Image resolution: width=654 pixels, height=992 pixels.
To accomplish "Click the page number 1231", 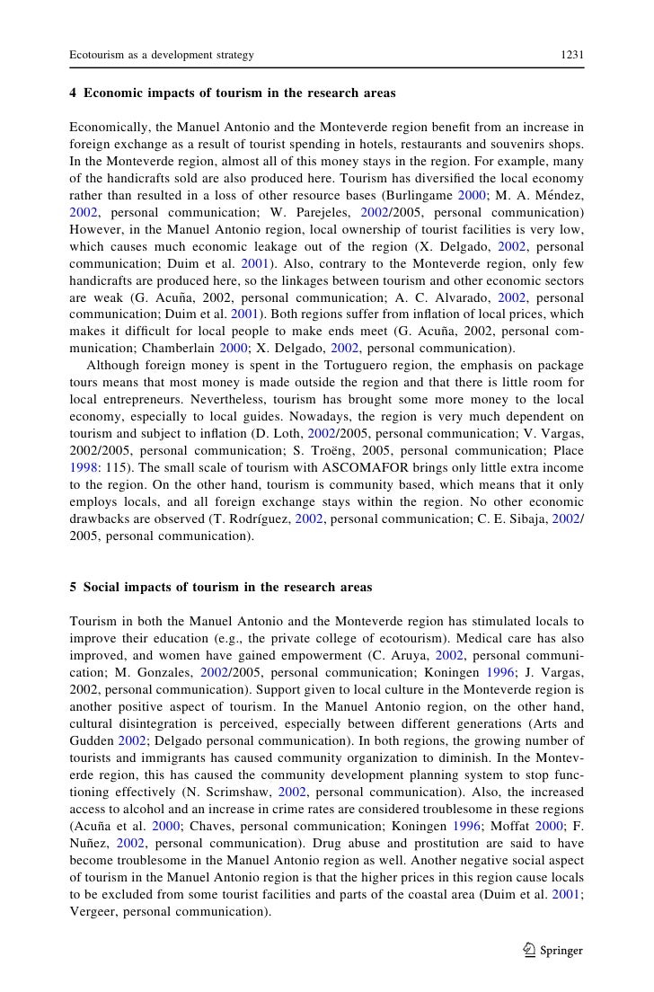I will point(572,55).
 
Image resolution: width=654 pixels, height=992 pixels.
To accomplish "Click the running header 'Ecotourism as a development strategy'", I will point(162,55).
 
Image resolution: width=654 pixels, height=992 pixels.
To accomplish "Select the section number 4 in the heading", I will point(73,93).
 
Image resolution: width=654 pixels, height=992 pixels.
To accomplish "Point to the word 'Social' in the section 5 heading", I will point(104,587).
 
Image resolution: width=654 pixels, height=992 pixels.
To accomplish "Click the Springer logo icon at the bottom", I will point(529,950).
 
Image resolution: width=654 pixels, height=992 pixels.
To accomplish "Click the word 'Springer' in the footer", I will point(561,951).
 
